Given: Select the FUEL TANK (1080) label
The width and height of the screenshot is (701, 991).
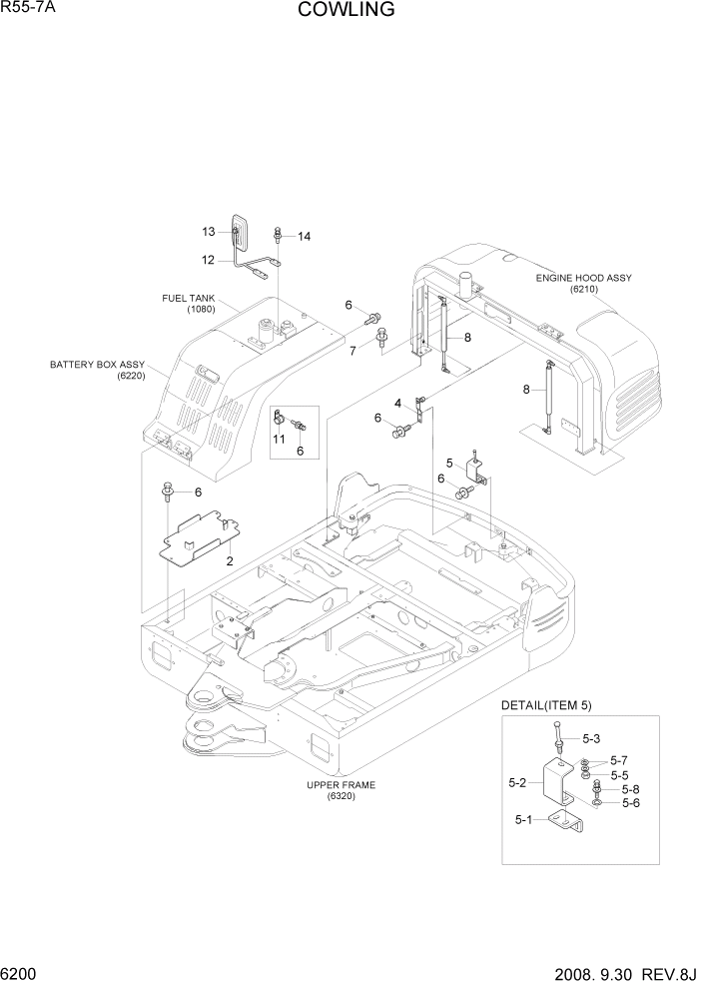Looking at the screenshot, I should coord(189,304).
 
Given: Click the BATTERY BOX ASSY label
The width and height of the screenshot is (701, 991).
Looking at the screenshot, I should coord(97,370).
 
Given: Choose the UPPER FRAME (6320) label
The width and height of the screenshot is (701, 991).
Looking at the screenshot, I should coord(341,790).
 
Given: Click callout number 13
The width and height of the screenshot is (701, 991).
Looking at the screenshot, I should coord(209,232).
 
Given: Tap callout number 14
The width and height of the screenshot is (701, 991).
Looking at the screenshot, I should coord(304,237).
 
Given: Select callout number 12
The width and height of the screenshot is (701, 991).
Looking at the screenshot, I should coord(208,260).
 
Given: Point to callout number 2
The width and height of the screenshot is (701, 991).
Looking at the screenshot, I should coord(230,561).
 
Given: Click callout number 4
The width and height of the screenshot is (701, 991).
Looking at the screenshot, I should coord(397,403).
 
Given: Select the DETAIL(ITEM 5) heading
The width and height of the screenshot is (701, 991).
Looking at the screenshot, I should coord(547,705).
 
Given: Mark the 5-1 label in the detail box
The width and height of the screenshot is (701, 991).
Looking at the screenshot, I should coord(524,820).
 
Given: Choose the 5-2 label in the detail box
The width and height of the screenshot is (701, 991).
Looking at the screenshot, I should coord(517,782).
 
